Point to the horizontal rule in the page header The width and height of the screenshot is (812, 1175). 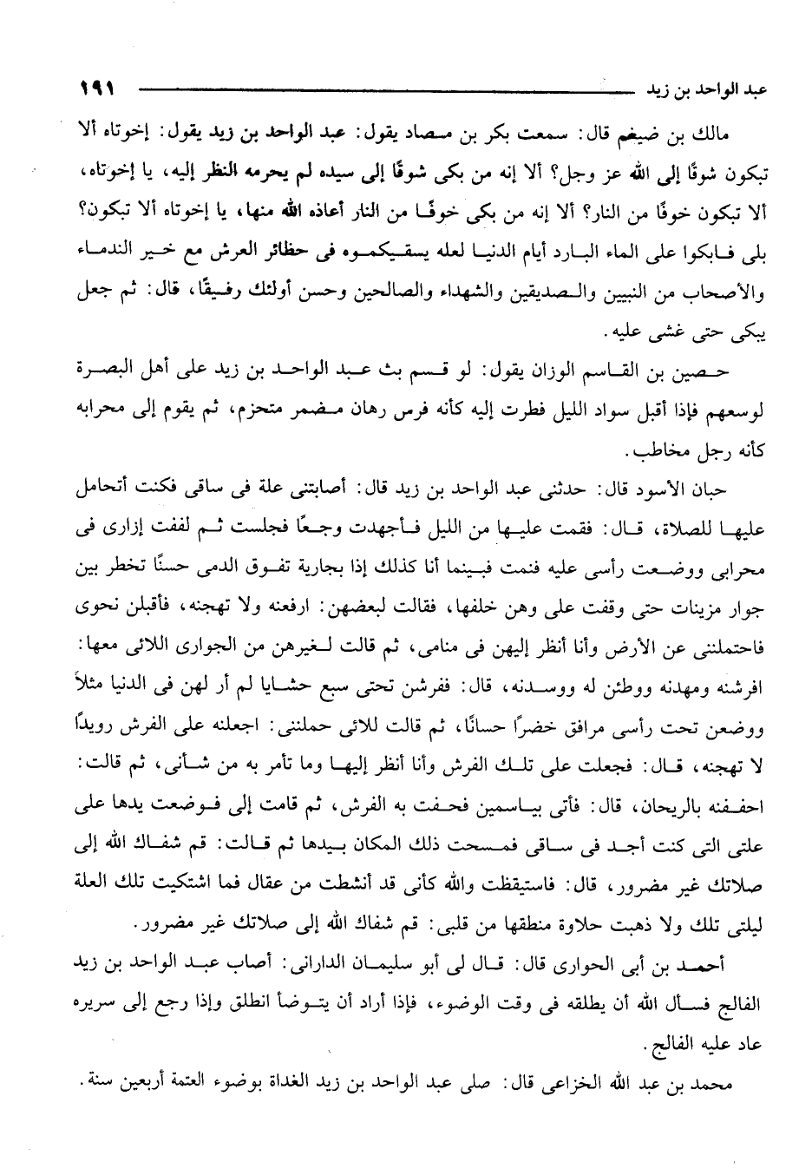click(373, 89)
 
